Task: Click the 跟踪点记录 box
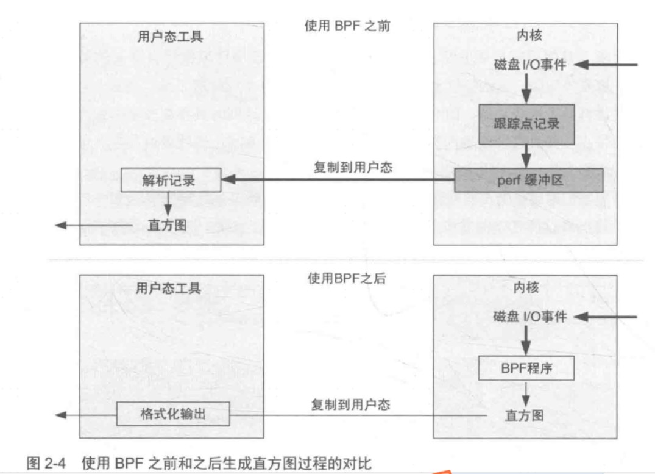pos(526,124)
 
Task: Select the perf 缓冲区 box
pos(528,180)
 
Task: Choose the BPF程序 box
pos(527,367)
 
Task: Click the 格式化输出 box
pos(173,414)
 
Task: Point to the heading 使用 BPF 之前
pos(347,26)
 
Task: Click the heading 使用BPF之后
pos(347,279)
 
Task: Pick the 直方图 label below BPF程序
pos(524,415)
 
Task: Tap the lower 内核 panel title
pos(525,287)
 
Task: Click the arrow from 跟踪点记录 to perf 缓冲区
pos(528,155)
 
